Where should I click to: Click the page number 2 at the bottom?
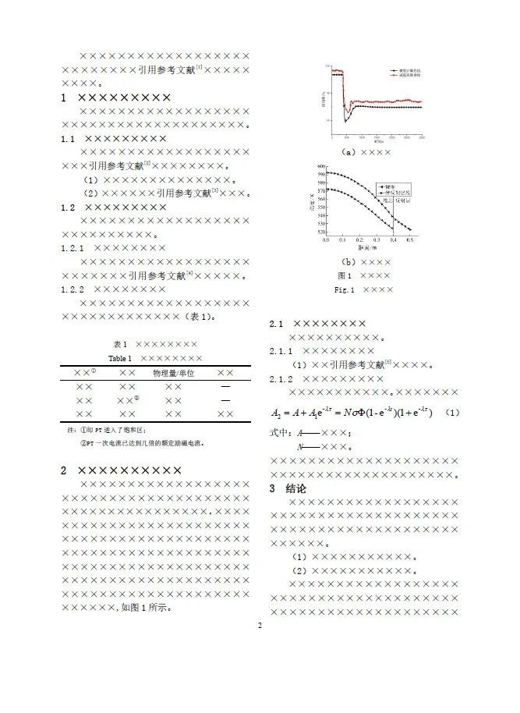tap(260, 626)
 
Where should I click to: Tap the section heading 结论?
tap(297, 488)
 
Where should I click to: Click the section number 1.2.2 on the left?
tap(77, 289)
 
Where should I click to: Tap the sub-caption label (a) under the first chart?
tap(348, 153)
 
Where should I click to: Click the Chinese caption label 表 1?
tap(119, 344)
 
